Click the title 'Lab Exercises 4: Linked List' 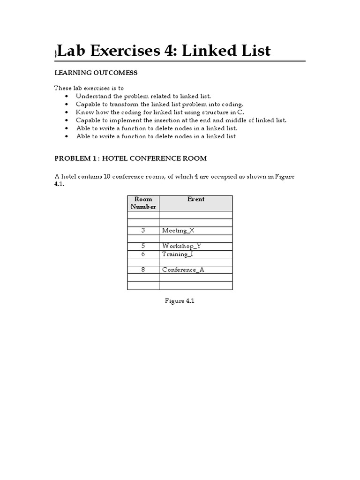pos(164,51)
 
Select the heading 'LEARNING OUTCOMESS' pos(96,73)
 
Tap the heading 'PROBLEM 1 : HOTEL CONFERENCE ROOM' pos(130,158)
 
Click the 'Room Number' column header pos(143,203)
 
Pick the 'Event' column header pos(195,199)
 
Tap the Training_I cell pos(178,254)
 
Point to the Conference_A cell pos(183,270)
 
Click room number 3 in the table pos(143,231)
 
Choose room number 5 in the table pos(143,246)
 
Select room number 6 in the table pos(143,254)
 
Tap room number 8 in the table pos(143,270)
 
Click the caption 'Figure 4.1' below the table pos(180,301)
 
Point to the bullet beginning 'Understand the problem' pos(140,96)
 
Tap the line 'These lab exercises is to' pos(89,88)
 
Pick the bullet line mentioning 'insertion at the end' pos(181,120)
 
